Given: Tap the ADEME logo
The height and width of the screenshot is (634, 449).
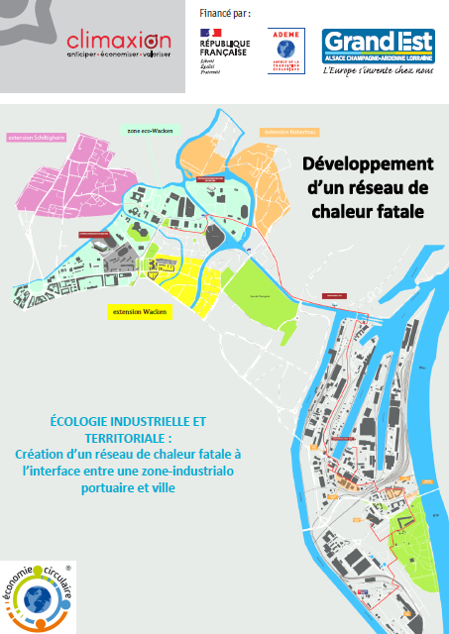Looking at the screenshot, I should click(286, 49).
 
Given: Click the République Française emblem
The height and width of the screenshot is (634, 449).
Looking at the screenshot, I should click(223, 51).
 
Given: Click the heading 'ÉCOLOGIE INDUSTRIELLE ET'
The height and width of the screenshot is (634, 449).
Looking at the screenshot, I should click(123, 420).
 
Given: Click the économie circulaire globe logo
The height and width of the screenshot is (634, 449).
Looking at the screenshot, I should click(39, 595).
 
